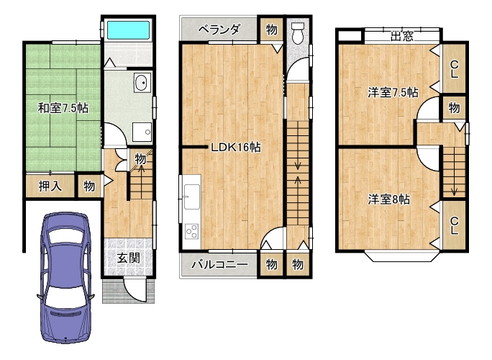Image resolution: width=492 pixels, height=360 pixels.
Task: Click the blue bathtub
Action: coord(128,30)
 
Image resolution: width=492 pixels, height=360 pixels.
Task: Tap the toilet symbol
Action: coord(298,32)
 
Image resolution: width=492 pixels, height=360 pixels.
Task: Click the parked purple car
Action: coord(65,277)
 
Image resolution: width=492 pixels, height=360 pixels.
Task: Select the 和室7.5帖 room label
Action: coord(63,109)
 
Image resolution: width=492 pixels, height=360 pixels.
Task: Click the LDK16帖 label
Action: coord(236,147)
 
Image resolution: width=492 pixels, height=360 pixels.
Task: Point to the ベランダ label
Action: coord(219,30)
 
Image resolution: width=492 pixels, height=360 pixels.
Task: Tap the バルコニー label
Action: coord(219,264)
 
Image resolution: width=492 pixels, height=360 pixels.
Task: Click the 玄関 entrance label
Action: coord(128,258)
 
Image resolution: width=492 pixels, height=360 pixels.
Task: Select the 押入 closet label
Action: coord(50,186)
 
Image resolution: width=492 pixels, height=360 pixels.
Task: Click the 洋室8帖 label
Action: coord(388,199)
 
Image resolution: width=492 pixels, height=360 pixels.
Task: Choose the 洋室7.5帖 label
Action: coord(393,93)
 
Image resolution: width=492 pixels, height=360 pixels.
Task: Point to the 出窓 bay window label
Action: coord(402,36)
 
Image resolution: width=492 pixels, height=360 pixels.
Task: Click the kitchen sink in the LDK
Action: coord(192,197)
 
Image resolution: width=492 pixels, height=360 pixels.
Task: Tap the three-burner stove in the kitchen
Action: coord(192,232)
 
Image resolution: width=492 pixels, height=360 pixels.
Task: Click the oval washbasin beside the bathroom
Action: coord(142,83)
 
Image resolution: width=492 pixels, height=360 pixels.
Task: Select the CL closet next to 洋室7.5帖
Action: coord(454,68)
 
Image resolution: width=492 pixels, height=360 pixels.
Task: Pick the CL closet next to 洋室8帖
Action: coord(454,225)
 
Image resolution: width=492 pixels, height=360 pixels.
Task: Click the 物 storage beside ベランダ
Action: coord(271,30)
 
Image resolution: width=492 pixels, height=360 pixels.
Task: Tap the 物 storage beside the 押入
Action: coord(89,186)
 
